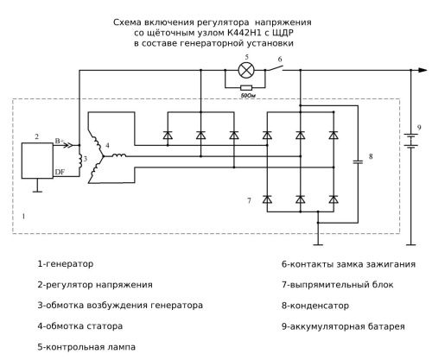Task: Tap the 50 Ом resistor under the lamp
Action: click(247, 88)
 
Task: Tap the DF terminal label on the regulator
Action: click(61, 174)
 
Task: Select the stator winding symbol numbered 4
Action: click(109, 155)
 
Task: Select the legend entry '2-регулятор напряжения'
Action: click(95, 284)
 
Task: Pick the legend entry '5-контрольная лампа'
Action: click(86, 348)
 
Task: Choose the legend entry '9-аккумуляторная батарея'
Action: click(342, 326)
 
